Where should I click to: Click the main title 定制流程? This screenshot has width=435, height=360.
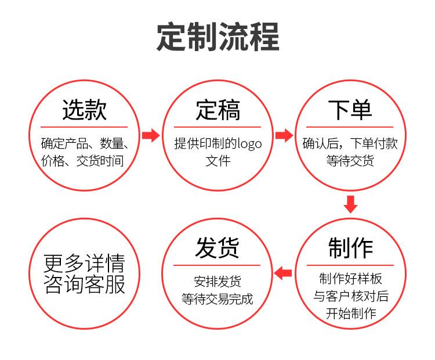pyautogui.click(x=217, y=37)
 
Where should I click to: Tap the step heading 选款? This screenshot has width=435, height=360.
pyautogui.click(x=84, y=109)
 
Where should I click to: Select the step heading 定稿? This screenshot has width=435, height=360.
pyautogui.click(x=217, y=109)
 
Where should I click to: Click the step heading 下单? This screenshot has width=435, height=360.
pyautogui.click(x=350, y=109)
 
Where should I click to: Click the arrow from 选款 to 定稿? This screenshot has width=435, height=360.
pyautogui.click(x=151, y=136)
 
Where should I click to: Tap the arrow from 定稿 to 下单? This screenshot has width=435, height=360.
pyautogui.click(x=284, y=136)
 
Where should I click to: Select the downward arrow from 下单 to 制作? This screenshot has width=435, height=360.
pyautogui.click(x=350, y=204)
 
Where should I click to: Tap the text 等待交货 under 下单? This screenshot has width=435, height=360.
pyautogui.click(x=350, y=160)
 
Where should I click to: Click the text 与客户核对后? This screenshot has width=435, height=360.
pyautogui.click(x=350, y=296)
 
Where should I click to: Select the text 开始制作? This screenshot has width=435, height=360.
pyautogui.click(x=350, y=314)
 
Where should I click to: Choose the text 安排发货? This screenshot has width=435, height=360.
pyautogui.click(x=217, y=281)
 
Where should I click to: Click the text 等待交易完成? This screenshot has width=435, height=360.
pyautogui.click(x=217, y=299)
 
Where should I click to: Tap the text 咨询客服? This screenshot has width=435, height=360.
pyautogui.click(x=85, y=284)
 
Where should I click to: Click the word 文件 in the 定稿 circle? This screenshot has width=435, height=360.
pyautogui.click(x=217, y=160)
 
